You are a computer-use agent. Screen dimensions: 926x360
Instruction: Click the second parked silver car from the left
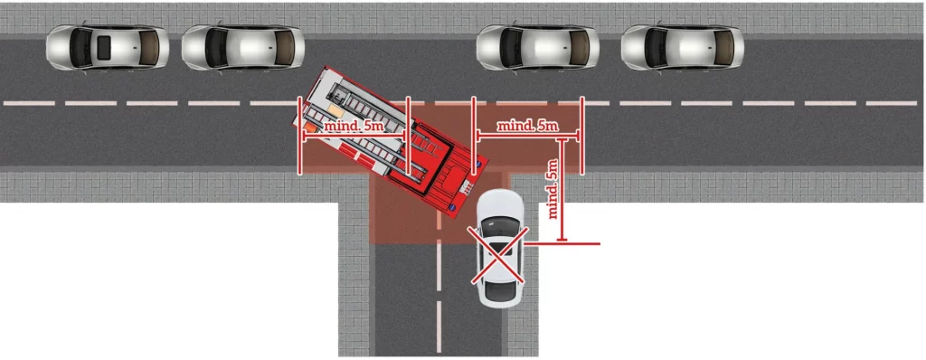242,48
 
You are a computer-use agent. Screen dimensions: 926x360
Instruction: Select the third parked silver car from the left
538,49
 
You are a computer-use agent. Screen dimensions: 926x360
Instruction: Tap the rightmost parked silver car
683,48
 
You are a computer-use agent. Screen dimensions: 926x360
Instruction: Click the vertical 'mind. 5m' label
553,188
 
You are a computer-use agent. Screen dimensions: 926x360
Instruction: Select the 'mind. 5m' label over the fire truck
354,127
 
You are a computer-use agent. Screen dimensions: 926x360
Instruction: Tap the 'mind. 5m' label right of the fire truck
527,126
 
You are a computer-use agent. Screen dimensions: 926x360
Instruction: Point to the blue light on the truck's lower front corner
451,209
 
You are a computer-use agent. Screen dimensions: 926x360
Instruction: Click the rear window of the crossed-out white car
500,278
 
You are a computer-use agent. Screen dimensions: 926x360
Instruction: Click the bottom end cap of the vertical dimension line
562,240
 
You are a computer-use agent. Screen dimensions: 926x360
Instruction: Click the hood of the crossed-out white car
499,204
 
